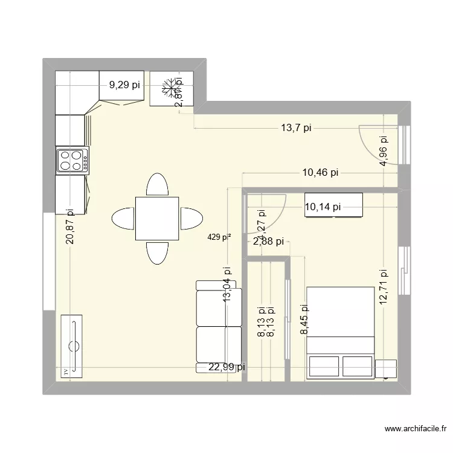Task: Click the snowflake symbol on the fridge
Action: [172, 89]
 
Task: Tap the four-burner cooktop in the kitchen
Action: [72, 161]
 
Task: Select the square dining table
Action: [157, 218]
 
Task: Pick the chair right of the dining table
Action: [191, 218]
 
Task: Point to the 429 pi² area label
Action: [219, 237]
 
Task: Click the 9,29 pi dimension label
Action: [124, 85]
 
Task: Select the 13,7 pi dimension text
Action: [296, 127]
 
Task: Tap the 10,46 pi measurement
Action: [320, 173]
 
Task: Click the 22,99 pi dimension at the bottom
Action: [226, 367]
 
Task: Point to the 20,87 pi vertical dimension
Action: [71, 225]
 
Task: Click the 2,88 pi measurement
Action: [268, 242]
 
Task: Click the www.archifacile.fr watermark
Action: [416, 429]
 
